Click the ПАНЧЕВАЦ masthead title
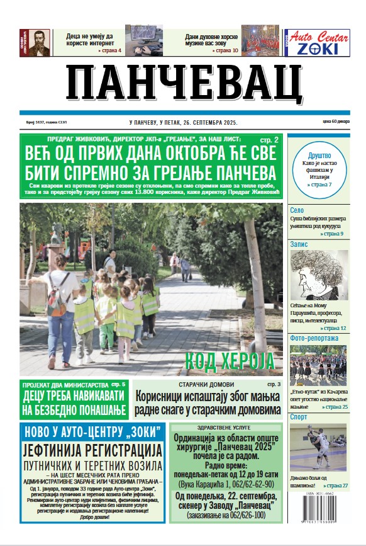[x=184, y=84]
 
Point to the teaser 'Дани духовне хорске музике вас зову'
[x=213, y=41]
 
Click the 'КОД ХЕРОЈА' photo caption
[x=230, y=361]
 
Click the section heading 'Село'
[x=297, y=211]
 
